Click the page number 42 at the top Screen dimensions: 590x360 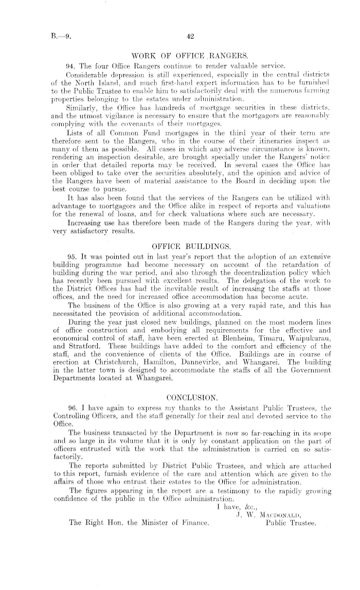pos(190,37)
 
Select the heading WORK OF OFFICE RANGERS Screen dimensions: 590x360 pos(190,56)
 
